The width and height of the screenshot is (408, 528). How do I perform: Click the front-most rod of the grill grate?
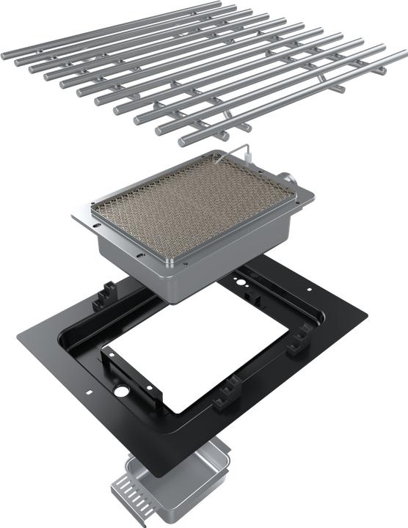(294, 103)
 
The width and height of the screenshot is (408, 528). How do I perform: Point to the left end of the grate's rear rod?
(6, 56)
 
